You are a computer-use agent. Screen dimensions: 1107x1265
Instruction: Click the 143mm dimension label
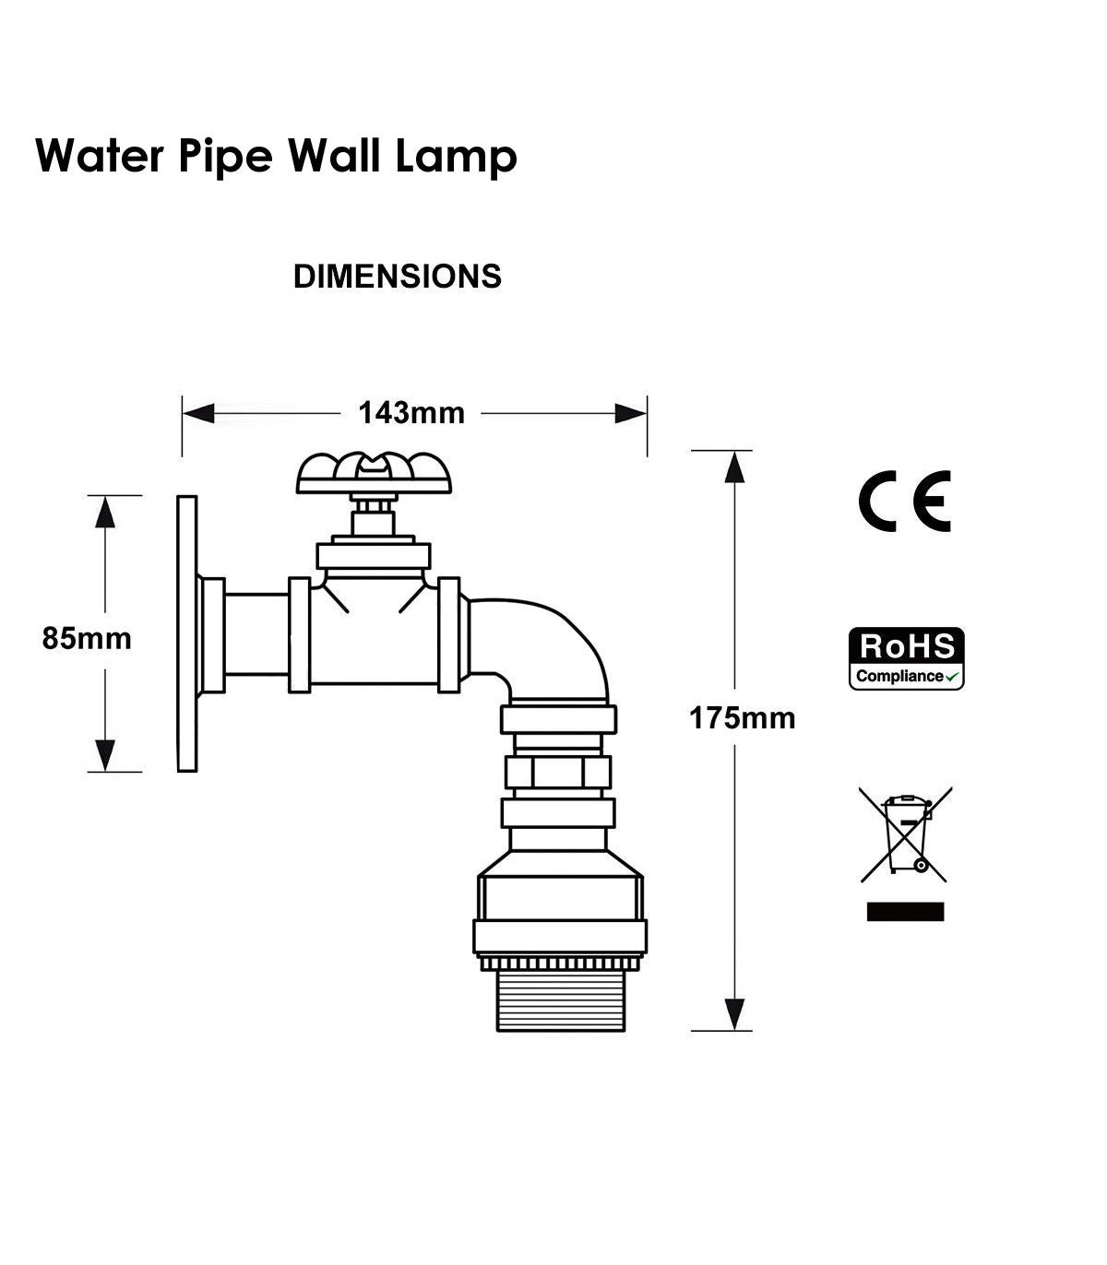[x=411, y=413]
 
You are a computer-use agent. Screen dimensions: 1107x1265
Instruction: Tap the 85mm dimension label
[x=87, y=639]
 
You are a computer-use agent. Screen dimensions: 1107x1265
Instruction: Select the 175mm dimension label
[x=742, y=718]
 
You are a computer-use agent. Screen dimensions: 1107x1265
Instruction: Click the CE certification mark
[x=905, y=501]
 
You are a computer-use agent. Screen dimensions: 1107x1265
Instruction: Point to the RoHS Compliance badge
[x=907, y=658]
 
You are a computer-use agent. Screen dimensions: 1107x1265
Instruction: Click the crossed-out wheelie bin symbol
[x=906, y=834]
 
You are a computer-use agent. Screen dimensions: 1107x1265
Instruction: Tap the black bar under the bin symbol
[x=905, y=912]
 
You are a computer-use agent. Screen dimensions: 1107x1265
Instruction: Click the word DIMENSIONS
[x=397, y=277]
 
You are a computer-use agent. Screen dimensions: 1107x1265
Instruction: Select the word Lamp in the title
[x=456, y=156]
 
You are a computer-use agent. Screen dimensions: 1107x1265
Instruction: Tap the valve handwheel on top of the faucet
[x=374, y=474]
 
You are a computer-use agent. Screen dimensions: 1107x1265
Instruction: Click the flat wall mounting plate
[x=187, y=633]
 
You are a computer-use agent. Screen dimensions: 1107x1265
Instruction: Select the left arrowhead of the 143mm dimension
[x=198, y=414]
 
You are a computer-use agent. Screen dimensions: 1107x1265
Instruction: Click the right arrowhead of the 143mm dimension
[x=631, y=414]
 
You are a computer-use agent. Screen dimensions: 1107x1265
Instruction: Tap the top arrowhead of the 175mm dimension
[x=734, y=467]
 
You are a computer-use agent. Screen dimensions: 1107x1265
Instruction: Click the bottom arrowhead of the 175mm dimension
[x=734, y=1014]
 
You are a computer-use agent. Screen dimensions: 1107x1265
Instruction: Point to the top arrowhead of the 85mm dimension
[x=105, y=512]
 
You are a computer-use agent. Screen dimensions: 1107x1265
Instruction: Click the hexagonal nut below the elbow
[x=558, y=772]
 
